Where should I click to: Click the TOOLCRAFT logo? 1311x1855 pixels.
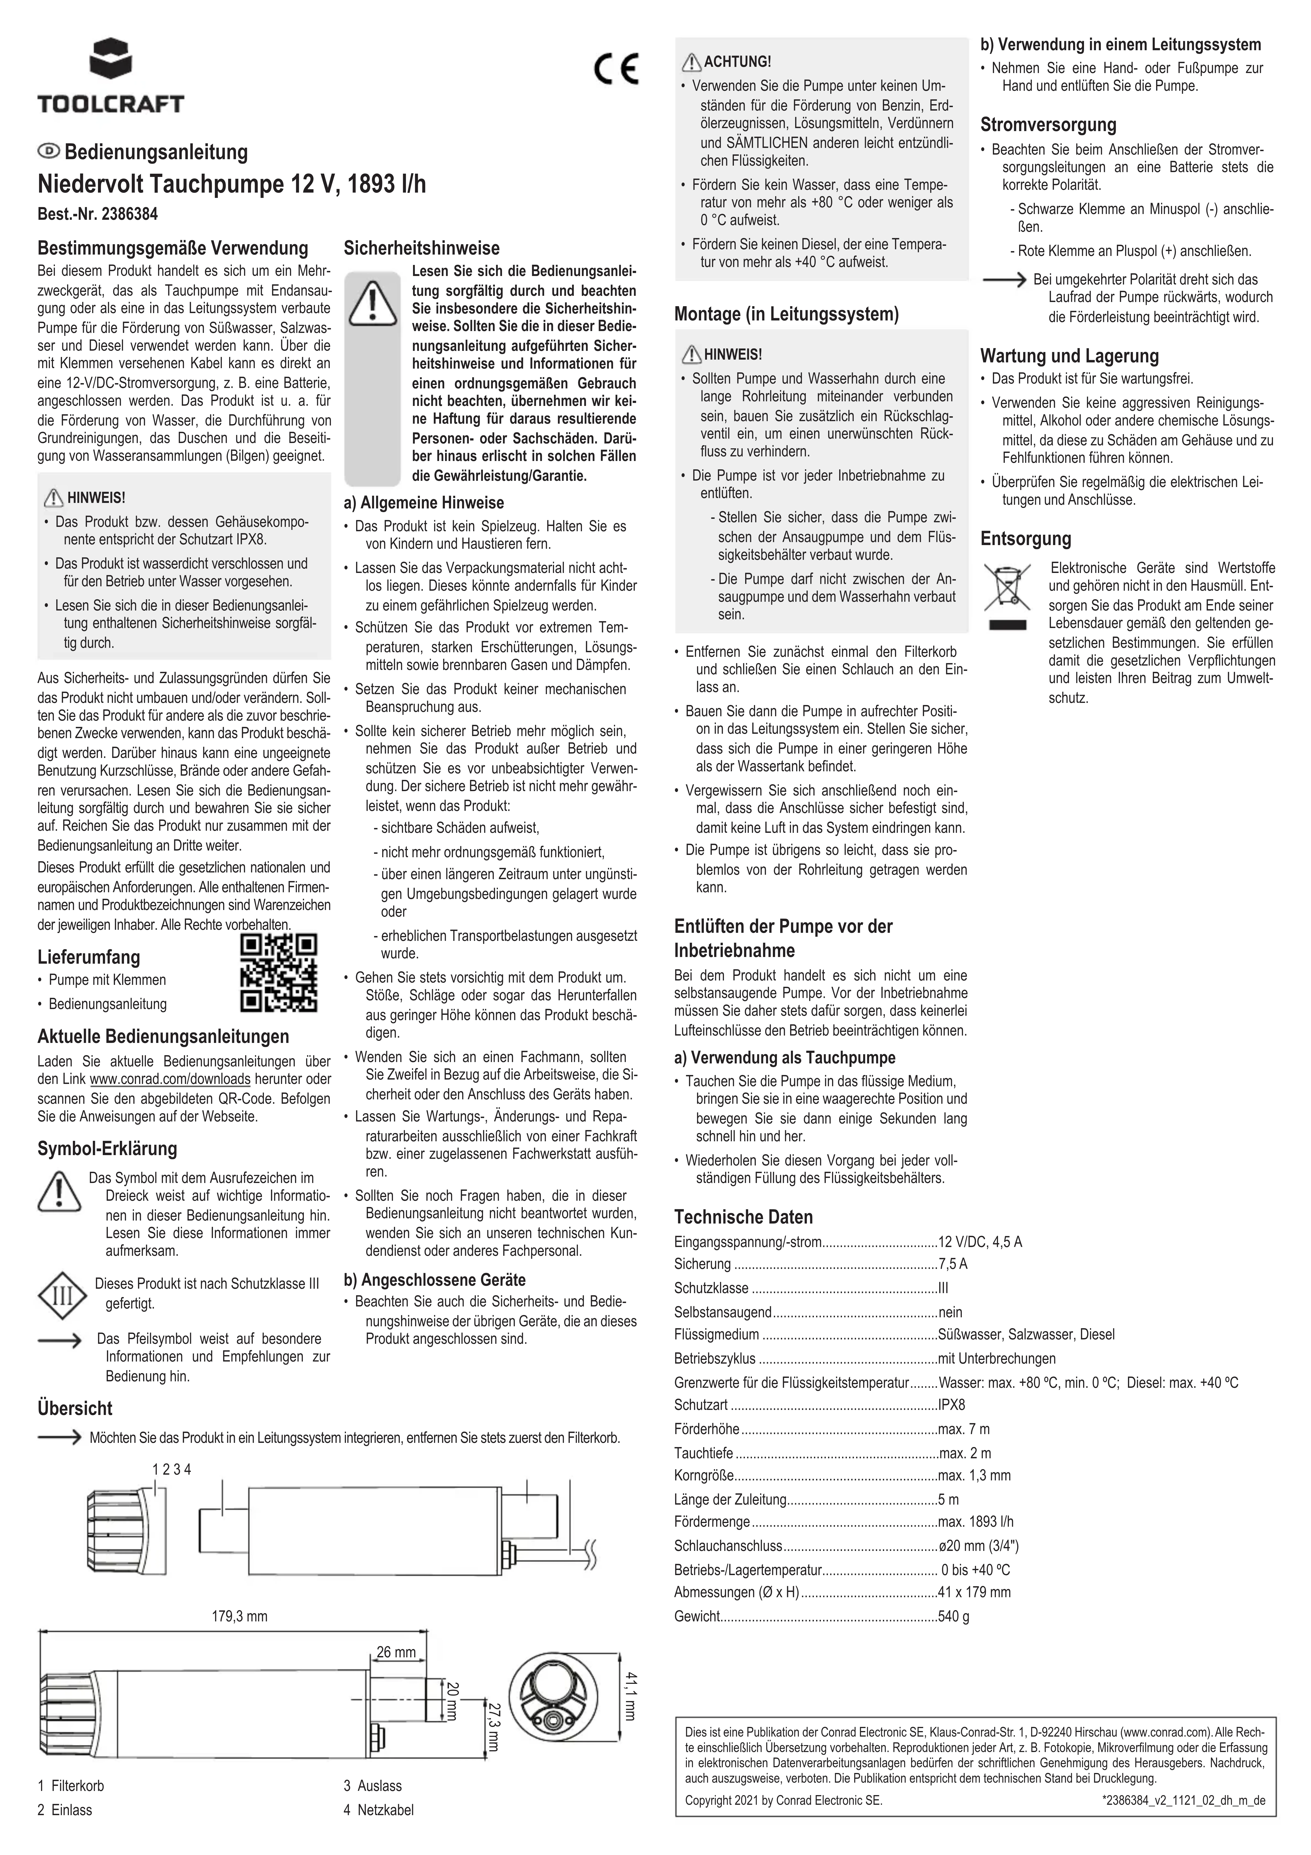(x=111, y=77)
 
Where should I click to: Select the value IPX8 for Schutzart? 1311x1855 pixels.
(x=952, y=1405)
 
